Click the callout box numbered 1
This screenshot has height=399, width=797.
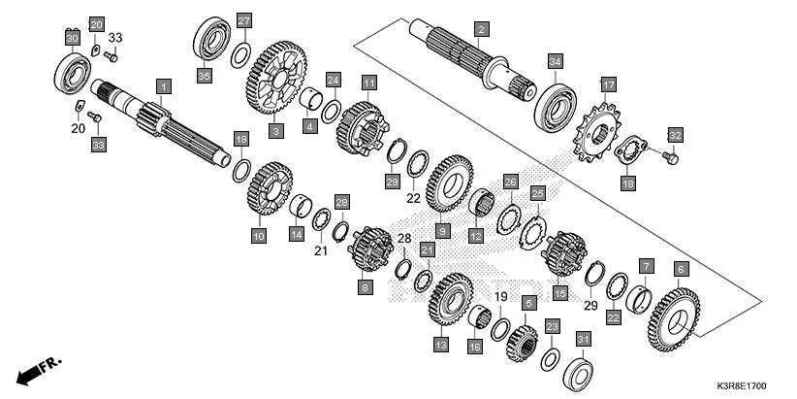[x=164, y=87]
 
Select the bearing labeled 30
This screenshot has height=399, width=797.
[x=74, y=70]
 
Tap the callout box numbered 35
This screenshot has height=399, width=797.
[x=204, y=76]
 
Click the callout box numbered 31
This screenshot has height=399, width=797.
[x=583, y=339]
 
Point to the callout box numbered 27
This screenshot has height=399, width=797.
[x=243, y=21]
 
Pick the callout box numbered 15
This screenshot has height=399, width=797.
[x=559, y=292]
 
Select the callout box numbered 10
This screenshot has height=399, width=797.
[x=258, y=235]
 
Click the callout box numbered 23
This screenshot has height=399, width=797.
[x=551, y=327]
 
